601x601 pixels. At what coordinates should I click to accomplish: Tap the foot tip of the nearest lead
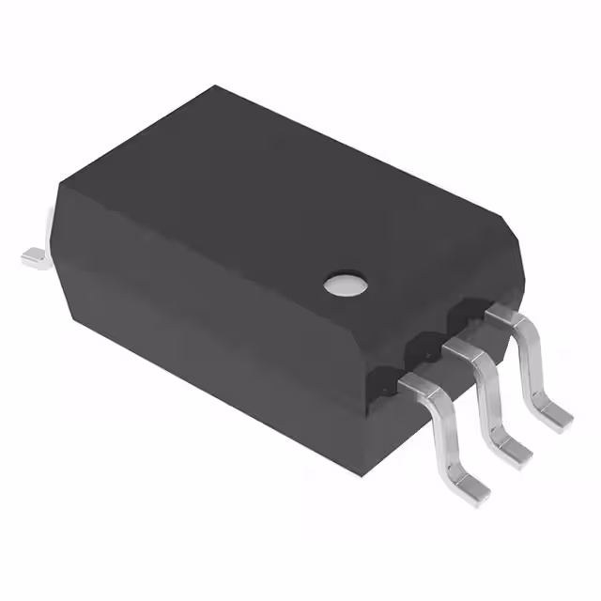477,486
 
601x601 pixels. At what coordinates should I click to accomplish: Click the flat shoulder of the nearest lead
419,382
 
